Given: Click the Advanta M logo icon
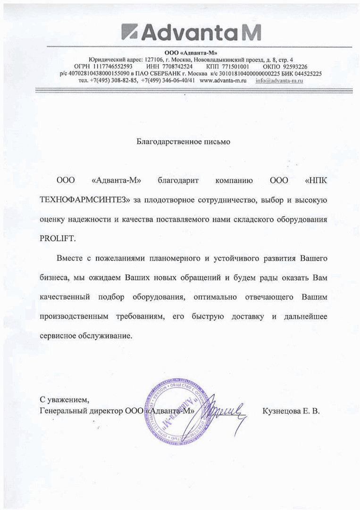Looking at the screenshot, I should [x=130, y=32].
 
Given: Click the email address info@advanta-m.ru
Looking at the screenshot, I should [x=279, y=81].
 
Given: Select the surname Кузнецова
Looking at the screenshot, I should [x=281, y=411].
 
